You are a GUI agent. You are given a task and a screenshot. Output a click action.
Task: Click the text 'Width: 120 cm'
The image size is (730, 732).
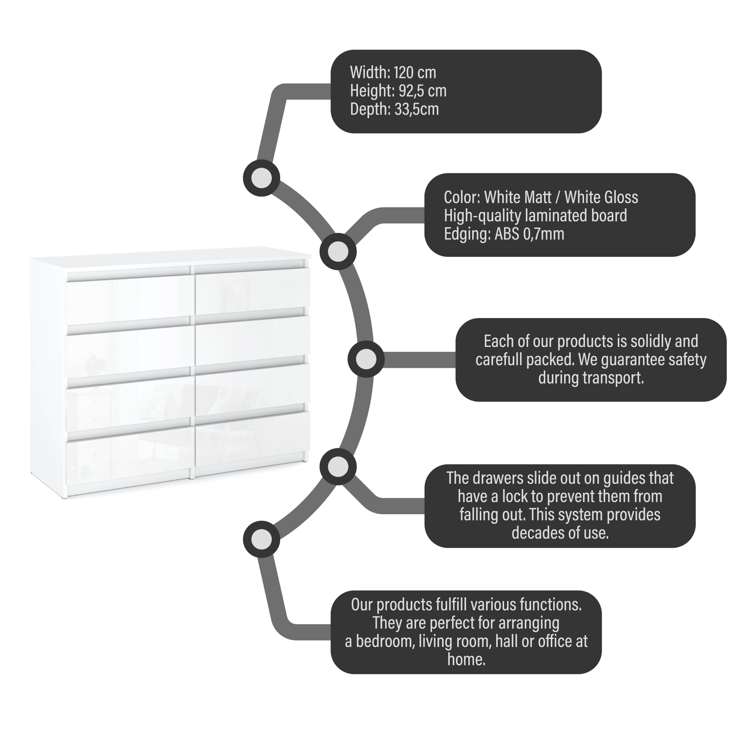coord(393,72)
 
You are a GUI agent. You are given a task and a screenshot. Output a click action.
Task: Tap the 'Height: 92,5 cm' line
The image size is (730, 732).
coord(398,91)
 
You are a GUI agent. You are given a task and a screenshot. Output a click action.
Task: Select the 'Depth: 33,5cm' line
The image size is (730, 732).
coord(394,109)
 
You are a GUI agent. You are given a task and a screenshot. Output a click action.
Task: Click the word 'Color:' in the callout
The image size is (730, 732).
coord(462,197)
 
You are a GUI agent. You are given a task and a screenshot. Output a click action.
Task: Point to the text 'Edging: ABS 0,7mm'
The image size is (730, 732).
coord(503,234)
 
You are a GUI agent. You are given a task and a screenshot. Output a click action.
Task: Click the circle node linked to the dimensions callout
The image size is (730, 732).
coord(261,178)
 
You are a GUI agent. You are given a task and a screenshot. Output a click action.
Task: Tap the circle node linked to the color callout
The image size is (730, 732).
coord(338,251)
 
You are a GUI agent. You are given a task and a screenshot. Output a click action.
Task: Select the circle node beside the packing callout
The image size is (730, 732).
coord(366,359)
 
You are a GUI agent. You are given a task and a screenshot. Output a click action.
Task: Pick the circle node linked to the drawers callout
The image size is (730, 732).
coord(338,467)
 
